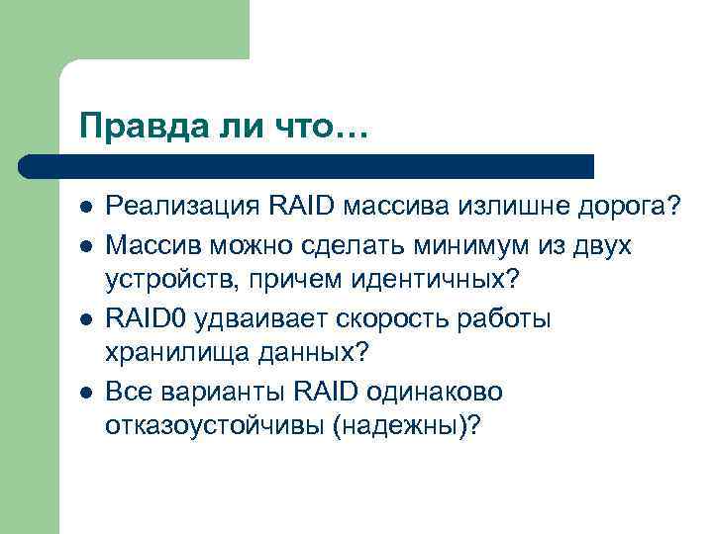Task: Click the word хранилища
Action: pos(170,354)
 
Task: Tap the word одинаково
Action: pos(432,392)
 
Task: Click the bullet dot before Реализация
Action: pos(86,207)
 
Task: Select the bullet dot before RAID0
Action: pos(86,318)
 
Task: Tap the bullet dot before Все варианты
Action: pos(86,393)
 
